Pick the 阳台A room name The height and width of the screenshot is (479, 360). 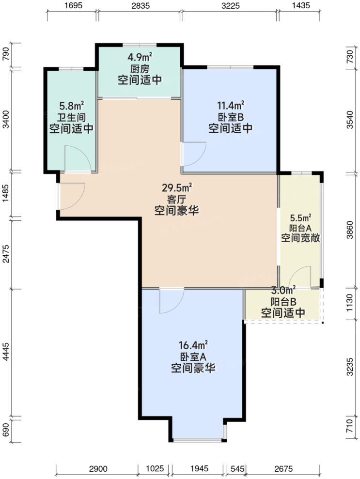pyautogui.click(x=300, y=228)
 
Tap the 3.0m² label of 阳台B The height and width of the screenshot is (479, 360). pyautogui.click(x=283, y=291)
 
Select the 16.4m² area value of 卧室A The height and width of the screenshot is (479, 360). pyautogui.click(x=193, y=345)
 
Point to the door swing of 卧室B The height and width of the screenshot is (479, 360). pyautogui.click(x=194, y=154)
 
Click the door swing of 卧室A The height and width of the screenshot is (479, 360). pyautogui.click(x=171, y=300)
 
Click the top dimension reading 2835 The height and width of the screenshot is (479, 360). pyautogui.click(x=140, y=6)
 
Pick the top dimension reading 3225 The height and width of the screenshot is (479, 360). pyautogui.click(x=230, y=6)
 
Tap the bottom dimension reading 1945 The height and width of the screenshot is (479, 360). pyautogui.click(x=199, y=468)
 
